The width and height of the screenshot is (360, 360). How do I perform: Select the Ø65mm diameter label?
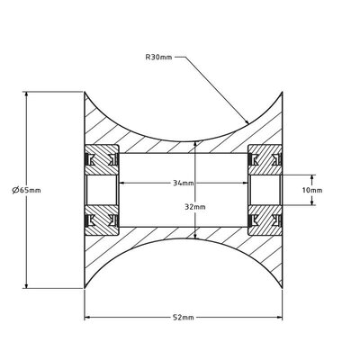[x=26, y=190]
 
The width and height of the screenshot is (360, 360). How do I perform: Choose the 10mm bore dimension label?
[x=311, y=190]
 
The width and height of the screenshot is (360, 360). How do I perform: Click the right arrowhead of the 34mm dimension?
[x=249, y=183]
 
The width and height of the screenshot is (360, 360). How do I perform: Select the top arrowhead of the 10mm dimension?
[x=311, y=174]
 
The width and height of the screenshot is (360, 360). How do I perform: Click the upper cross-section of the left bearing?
[x=103, y=161]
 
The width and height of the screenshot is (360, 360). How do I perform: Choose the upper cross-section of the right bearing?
[x=267, y=161]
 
